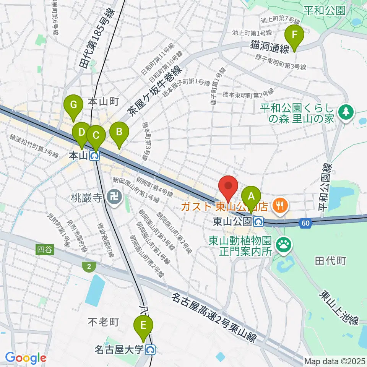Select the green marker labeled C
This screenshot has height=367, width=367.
pos(95,136)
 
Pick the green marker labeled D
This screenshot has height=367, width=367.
pos(81,134)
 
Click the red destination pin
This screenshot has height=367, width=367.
pos(228,187)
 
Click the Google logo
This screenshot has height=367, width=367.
pos(26,358)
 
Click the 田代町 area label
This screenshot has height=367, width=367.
pos(330,261)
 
